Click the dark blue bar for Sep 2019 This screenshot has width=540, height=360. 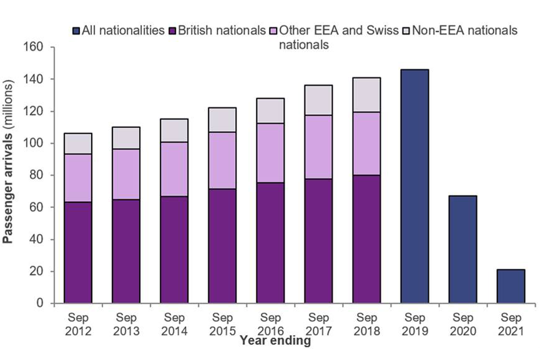414,187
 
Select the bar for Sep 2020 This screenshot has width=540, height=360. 462,250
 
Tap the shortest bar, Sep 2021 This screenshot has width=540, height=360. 511,286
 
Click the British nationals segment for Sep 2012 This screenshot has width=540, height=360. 78,253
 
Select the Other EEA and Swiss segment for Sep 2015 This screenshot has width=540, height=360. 222,160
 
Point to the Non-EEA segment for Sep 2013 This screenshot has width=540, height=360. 126,138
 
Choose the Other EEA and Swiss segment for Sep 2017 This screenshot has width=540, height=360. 318,147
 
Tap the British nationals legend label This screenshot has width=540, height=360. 222,30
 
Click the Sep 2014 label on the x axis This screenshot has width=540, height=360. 174,324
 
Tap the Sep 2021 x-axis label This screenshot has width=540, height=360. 511,324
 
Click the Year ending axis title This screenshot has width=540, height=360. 274,340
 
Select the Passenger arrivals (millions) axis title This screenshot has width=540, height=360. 9,175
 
